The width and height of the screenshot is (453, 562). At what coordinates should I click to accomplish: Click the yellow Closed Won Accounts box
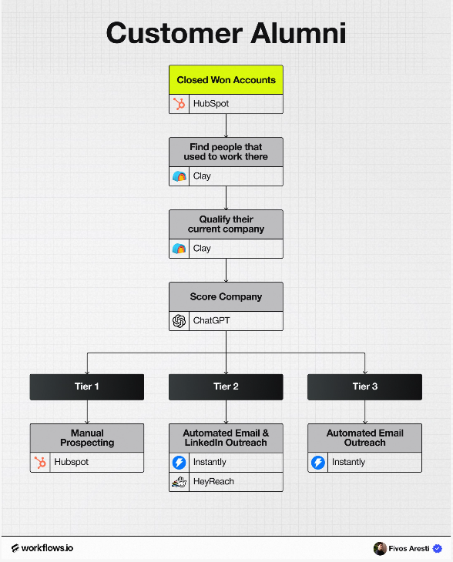pos(226,80)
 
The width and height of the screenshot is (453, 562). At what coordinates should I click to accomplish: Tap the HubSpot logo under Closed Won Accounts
pos(179,104)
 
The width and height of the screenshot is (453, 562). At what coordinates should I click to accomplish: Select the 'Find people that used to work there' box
pos(226,152)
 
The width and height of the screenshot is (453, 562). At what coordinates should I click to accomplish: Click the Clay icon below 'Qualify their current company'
pos(179,249)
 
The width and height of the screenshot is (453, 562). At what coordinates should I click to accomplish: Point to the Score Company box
pos(226,296)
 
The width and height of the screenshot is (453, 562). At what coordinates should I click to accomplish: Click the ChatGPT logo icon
pos(179,321)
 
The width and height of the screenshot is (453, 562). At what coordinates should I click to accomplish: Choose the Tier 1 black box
pos(87,386)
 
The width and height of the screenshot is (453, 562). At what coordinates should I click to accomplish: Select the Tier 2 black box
pos(226,386)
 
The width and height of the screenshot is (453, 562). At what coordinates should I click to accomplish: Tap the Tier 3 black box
pos(364,386)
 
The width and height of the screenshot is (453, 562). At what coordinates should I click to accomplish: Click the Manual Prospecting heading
pos(87,438)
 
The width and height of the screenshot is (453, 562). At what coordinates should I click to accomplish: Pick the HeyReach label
pos(213,481)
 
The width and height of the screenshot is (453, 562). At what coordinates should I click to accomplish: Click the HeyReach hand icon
pos(179,482)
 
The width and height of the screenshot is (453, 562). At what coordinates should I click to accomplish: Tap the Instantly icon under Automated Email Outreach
pos(317,463)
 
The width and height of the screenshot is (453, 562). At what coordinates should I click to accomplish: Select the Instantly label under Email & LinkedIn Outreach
pos(210,462)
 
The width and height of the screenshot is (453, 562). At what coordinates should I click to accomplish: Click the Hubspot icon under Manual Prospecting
pos(40,463)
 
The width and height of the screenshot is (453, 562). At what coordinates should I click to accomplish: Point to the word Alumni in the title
pos(298,33)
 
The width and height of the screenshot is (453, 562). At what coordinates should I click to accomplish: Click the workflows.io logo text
pos(42,548)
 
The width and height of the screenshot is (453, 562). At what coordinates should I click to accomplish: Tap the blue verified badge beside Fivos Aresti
pos(438,548)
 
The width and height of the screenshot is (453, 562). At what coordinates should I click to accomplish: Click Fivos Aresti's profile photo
pos(380,548)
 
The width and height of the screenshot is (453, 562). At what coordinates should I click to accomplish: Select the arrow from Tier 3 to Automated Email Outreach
pos(364,412)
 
